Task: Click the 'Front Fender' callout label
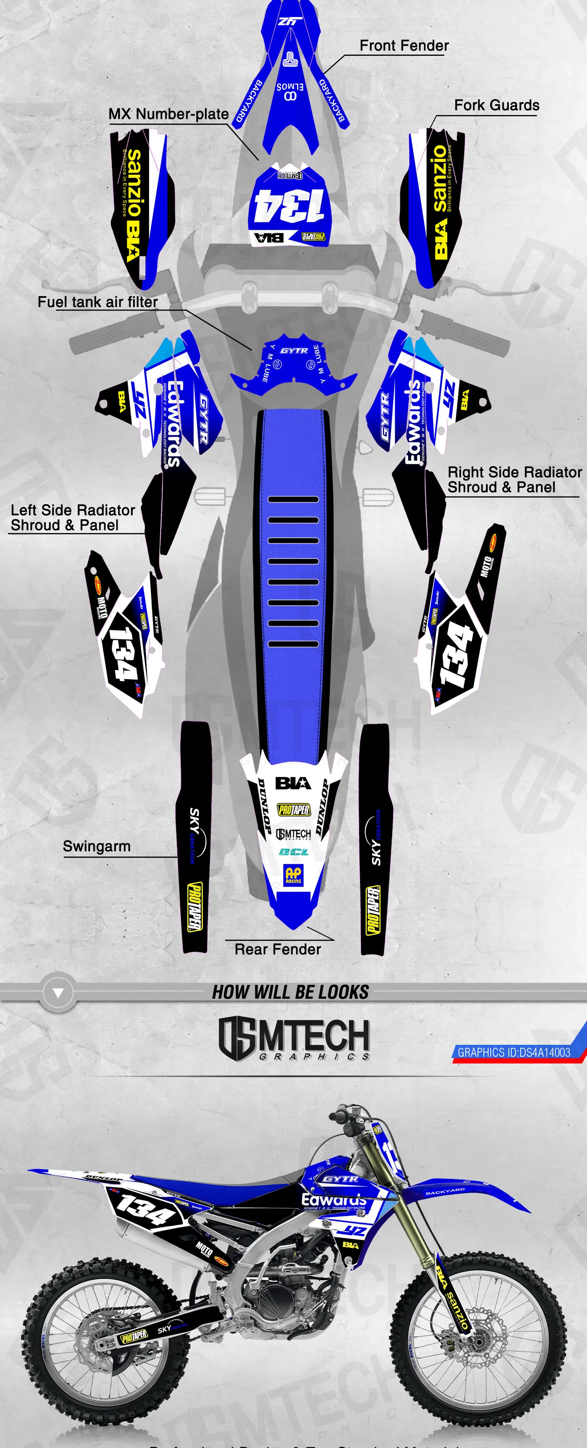(x=404, y=46)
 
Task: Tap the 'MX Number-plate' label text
(x=169, y=114)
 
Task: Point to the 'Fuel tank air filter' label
(x=98, y=302)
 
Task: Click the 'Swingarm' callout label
(x=97, y=846)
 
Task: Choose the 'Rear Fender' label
(x=278, y=949)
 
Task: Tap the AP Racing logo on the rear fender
(x=293, y=875)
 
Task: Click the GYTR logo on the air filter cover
(x=294, y=351)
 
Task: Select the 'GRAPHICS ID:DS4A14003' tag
(x=513, y=1052)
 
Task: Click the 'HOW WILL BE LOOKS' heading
(x=290, y=992)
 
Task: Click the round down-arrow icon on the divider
(x=58, y=994)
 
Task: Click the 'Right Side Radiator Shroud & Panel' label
(x=514, y=479)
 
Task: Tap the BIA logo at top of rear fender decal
(x=293, y=783)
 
